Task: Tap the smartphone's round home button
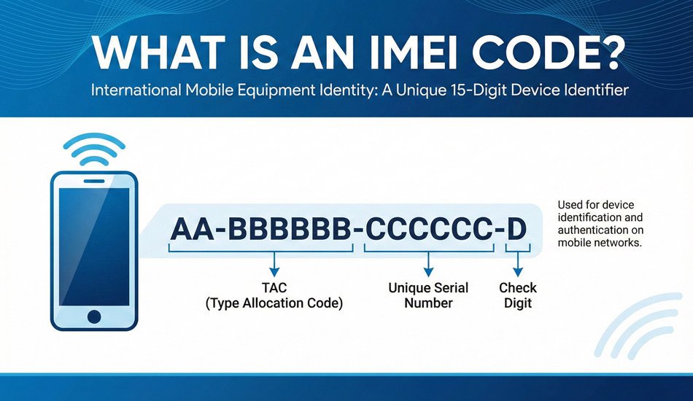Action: tap(93, 316)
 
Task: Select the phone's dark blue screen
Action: tap(93, 245)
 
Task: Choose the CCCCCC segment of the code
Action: tap(427, 229)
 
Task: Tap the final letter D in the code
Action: tap(516, 229)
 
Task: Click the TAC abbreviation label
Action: tap(273, 287)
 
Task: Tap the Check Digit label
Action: tap(518, 295)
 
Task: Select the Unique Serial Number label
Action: tap(428, 295)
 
